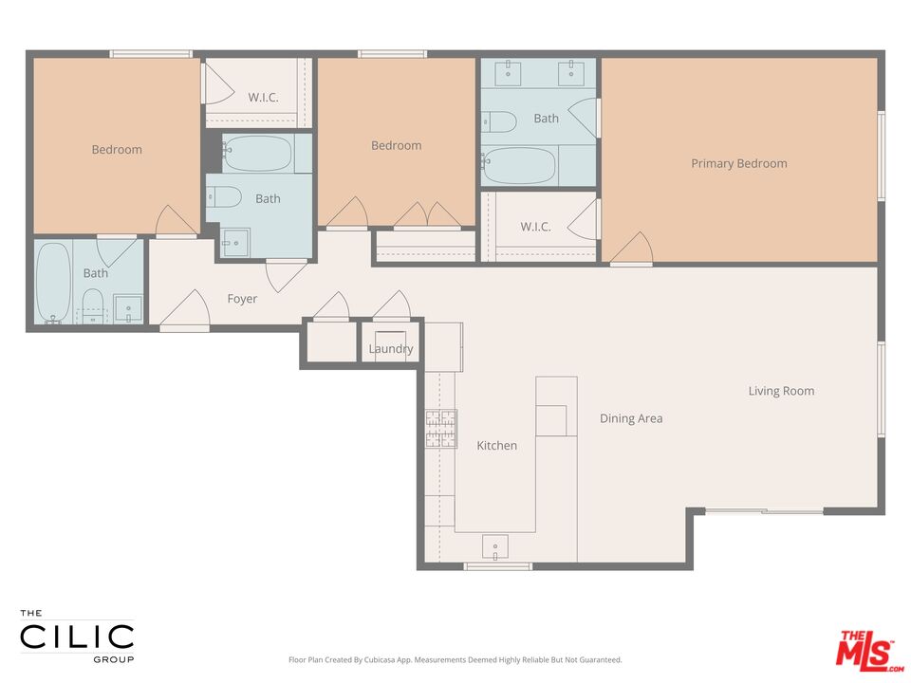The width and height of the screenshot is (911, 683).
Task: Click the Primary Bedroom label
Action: [x=738, y=163]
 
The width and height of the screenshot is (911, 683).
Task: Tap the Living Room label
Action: [x=781, y=391]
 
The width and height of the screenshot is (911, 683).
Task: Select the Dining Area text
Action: [x=631, y=418]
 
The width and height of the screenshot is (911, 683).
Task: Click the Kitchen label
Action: [x=496, y=445]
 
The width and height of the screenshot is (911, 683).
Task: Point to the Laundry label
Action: [x=391, y=349]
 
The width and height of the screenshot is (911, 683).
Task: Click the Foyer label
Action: [x=242, y=299]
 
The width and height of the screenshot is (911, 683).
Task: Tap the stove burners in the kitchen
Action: [x=440, y=428]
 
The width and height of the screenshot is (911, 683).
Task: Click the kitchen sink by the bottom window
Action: [x=495, y=546]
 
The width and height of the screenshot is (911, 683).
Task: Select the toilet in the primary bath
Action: [x=499, y=121]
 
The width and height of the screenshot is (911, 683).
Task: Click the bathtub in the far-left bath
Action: [x=53, y=282]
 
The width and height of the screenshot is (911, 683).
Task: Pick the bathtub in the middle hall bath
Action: [x=258, y=154]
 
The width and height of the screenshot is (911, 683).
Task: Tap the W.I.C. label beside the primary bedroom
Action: [x=535, y=227]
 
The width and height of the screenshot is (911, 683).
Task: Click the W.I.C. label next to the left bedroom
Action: [x=263, y=97]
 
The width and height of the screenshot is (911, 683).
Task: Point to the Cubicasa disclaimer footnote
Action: [x=455, y=659]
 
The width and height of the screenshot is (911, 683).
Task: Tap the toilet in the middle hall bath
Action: [x=226, y=197]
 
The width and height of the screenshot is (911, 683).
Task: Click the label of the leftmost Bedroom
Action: [x=117, y=149]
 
